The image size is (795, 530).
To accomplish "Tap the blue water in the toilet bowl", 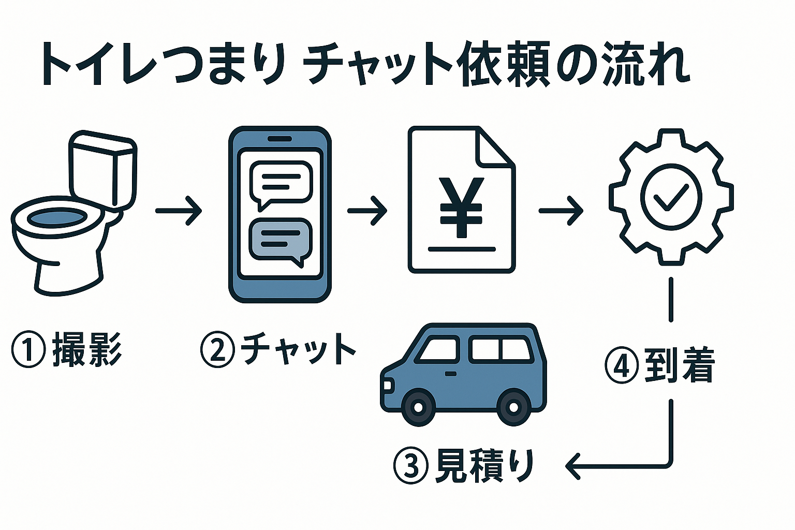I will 56,218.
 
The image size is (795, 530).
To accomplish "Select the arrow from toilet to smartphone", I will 179,211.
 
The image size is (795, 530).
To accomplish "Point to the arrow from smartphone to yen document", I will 367,211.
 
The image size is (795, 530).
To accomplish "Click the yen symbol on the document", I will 461,207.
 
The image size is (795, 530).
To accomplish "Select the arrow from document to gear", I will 561,211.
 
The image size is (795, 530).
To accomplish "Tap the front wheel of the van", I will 417,407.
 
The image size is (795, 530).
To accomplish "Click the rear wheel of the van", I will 513,407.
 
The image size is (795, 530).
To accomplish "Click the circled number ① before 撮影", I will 28,350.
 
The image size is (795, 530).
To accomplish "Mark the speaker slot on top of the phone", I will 279,139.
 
